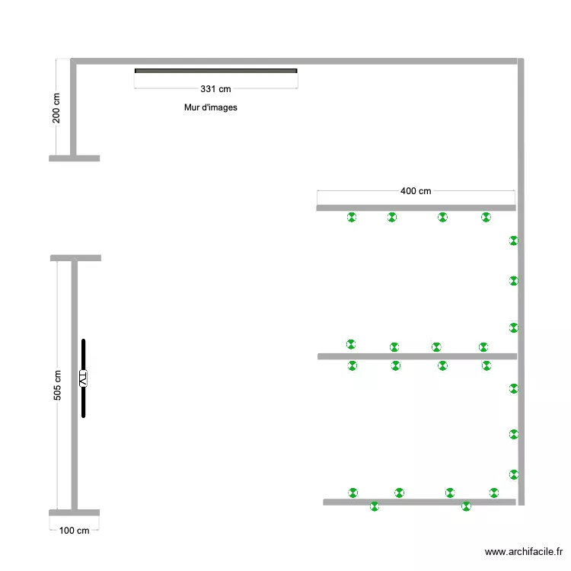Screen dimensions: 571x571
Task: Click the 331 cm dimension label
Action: [215, 89]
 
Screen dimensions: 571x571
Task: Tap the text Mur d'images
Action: [211, 107]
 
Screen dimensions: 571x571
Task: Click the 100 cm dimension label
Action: [74, 531]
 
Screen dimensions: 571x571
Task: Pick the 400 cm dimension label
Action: [416, 192]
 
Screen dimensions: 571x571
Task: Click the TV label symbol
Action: [83, 378]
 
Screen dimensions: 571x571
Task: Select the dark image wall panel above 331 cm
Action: [215, 71]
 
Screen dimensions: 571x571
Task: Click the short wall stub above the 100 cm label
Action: [74, 512]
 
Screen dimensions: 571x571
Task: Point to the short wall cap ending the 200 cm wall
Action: [74, 158]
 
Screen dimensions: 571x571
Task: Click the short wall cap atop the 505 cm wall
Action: [75, 258]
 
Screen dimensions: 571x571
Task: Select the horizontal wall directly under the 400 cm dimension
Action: [416, 207]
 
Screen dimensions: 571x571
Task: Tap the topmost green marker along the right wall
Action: [514, 241]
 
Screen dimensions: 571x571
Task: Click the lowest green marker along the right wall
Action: [514, 474]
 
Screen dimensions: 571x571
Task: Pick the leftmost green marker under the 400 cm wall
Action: [352, 217]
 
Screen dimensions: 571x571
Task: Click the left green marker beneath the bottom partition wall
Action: [374, 506]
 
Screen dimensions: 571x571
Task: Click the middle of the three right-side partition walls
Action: [417, 356]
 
